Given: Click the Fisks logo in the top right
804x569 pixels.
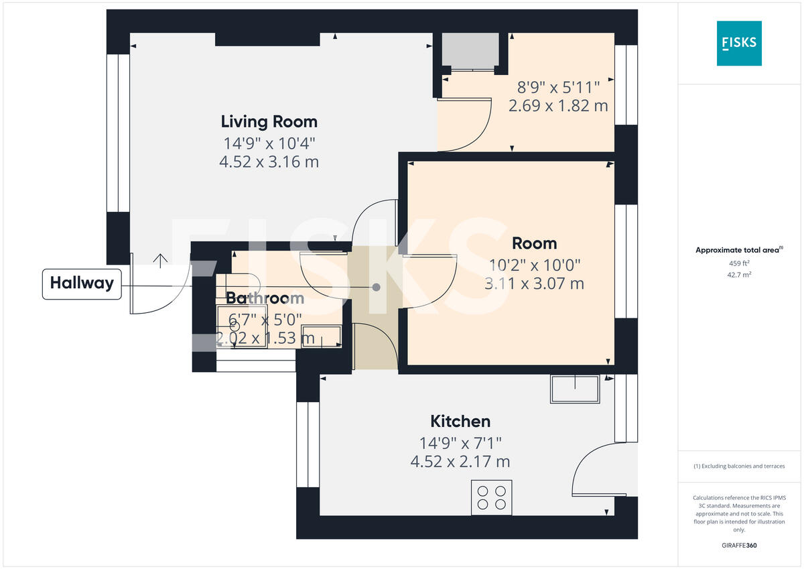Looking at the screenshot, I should (x=739, y=43).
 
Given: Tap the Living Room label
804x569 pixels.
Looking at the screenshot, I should (x=269, y=122).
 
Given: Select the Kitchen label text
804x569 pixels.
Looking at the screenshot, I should (x=460, y=422).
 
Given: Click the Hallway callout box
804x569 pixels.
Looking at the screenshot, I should (x=82, y=283).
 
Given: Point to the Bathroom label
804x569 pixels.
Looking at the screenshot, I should (x=265, y=299).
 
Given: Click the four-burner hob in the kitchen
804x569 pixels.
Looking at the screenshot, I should (x=491, y=497).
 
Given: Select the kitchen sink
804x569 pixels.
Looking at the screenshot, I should (x=575, y=389).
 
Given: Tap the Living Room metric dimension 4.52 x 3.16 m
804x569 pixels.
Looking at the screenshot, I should (x=269, y=162).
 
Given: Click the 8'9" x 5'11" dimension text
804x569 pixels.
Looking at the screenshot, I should (x=557, y=86).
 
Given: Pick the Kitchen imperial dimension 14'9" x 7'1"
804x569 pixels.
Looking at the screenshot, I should (x=460, y=443).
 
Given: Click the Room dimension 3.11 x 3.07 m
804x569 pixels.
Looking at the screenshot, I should (x=534, y=283).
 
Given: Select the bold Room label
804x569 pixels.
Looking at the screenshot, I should (x=534, y=243).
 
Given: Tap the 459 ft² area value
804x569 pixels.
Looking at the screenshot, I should (x=738, y=263).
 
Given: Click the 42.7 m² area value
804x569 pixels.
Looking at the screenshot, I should (x=738, y=275).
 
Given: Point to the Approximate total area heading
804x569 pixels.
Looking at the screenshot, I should (x=738, y=250).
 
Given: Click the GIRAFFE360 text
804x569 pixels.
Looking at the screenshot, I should (x=738, y=546).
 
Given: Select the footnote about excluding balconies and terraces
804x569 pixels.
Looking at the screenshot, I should (x=738, y=466).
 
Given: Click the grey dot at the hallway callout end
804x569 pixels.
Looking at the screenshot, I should (x=376, y=287).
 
